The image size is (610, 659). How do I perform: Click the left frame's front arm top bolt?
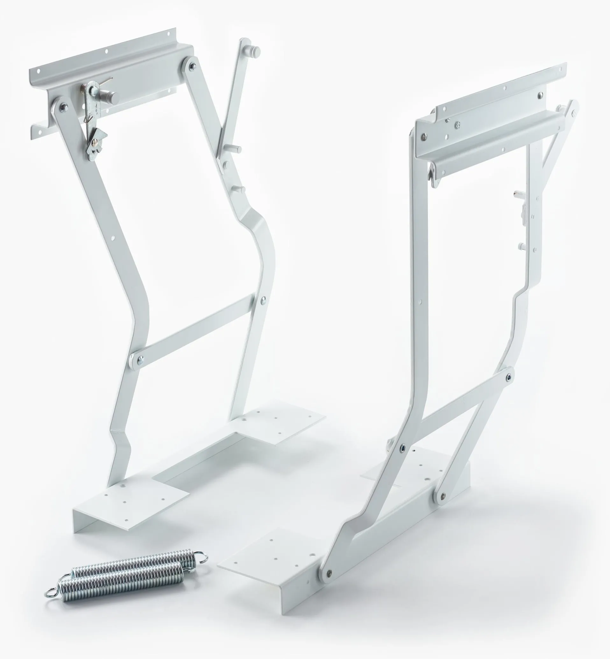pos(63,106)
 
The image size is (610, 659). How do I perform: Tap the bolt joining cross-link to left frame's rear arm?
pos(263,300)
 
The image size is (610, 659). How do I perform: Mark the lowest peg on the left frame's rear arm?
pos(240,189)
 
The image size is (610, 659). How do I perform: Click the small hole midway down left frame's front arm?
pos(113,237)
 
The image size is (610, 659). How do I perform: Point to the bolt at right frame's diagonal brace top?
pos(509,377)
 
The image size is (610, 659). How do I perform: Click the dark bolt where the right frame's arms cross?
pos(403,448)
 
